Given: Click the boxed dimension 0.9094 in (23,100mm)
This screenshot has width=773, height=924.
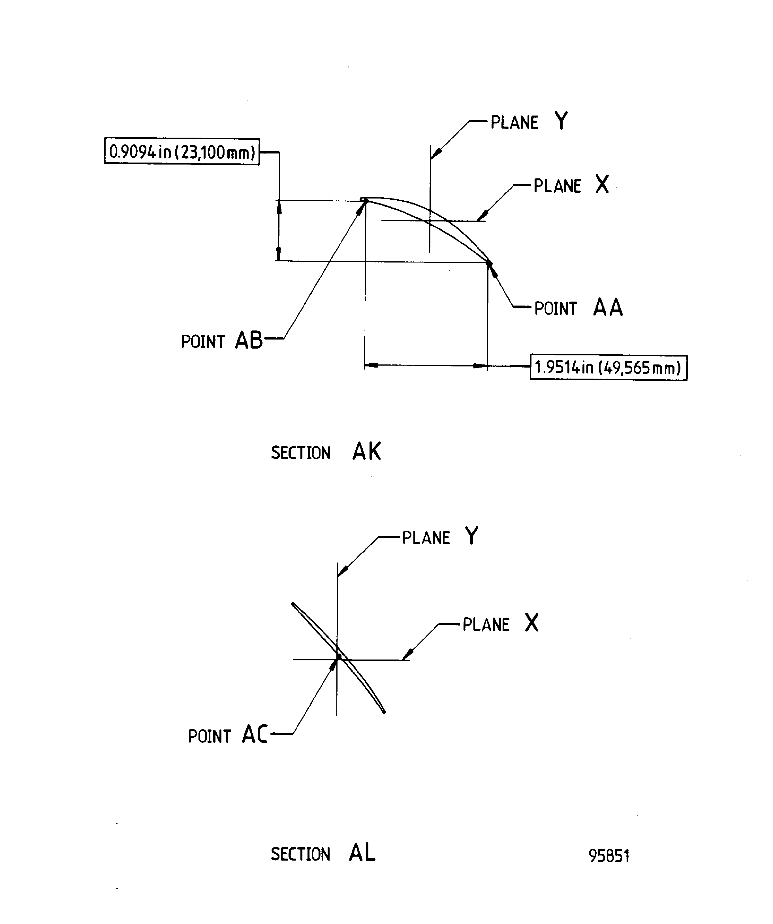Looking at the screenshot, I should point(182,152).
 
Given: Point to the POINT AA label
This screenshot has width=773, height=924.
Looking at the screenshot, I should point(578,308).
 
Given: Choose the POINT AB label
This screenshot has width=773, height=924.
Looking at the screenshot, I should point(222,341).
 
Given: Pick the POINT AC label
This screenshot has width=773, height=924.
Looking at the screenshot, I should point(227,735).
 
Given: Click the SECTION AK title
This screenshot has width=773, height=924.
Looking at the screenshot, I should point(326,452).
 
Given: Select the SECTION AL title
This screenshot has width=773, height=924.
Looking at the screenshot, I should point(323,853).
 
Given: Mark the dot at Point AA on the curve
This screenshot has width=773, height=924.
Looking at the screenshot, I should point(489,263).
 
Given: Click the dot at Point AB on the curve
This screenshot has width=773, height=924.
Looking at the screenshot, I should point(365,201).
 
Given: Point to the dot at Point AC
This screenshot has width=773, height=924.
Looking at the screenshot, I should point(338,657).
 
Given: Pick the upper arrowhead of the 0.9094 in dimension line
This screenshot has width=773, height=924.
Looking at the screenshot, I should point(279,207).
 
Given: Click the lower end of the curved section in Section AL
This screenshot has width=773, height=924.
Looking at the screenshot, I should point(384,712).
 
